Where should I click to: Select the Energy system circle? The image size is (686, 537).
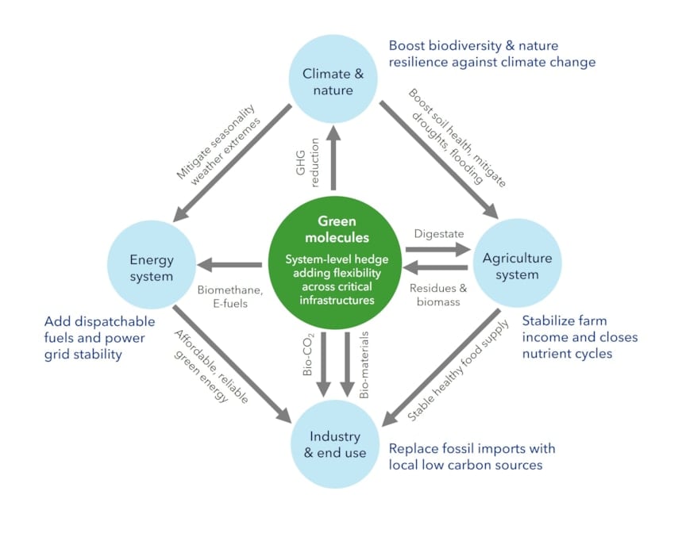point(151,267)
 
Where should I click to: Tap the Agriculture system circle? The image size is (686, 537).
point(517,267)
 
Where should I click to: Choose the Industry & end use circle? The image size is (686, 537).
point(333,444)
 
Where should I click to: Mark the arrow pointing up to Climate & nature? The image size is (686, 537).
point(333,159)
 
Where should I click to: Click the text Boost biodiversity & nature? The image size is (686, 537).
point(472,46)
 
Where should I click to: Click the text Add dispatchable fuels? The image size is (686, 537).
point(95,322)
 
